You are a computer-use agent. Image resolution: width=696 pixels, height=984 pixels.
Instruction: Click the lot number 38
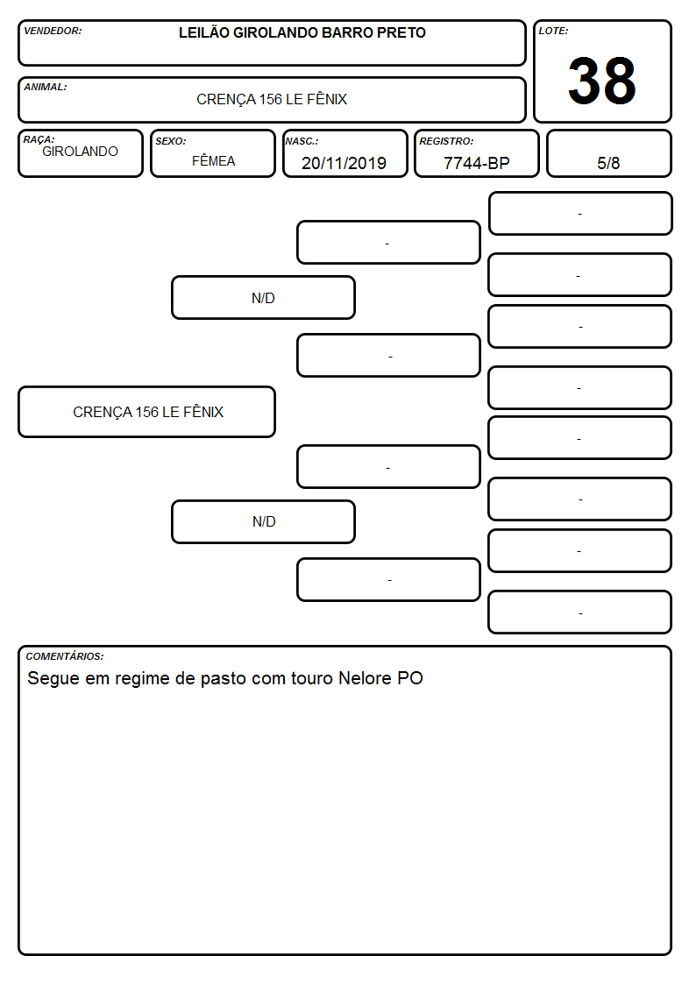tap(602, 81)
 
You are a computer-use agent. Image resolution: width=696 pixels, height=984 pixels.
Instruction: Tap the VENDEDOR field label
tap(53, 31)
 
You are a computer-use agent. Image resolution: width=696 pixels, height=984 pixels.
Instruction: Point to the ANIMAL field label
tap(46, 88)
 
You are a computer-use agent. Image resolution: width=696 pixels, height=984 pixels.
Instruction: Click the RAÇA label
tap(39, 139)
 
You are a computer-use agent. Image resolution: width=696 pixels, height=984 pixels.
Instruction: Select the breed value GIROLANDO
tap(81, 152)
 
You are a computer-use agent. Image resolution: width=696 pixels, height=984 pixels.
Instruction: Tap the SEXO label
tap(171, 141)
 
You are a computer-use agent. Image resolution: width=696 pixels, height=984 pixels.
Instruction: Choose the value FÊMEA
tap(213, 160)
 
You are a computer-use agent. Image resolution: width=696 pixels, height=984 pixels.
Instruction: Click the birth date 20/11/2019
tap(344, 163)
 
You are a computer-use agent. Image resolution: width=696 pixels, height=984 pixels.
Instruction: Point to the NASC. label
tap(302, 141)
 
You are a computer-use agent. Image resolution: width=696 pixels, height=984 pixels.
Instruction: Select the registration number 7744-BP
tap(476, 163)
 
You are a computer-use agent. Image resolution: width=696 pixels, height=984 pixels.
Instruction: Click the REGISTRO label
tap(446, 141)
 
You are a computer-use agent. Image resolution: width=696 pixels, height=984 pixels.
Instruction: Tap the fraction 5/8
tap(608, 163)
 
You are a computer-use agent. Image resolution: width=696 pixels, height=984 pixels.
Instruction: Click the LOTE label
tap(553, 31)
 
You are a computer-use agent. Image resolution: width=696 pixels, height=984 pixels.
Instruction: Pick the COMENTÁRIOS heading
tap(65, 656)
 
